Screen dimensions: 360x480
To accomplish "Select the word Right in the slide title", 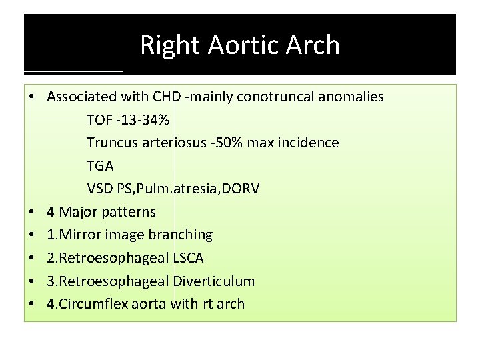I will [x=171, y=45].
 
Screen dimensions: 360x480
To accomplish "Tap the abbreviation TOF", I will [x=99, y=120].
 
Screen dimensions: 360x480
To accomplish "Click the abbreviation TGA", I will [x=100, y=166].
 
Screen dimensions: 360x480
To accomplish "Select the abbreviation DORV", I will [x=241, y=189].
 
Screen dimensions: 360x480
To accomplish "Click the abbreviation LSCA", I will [x=185, y=258].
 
